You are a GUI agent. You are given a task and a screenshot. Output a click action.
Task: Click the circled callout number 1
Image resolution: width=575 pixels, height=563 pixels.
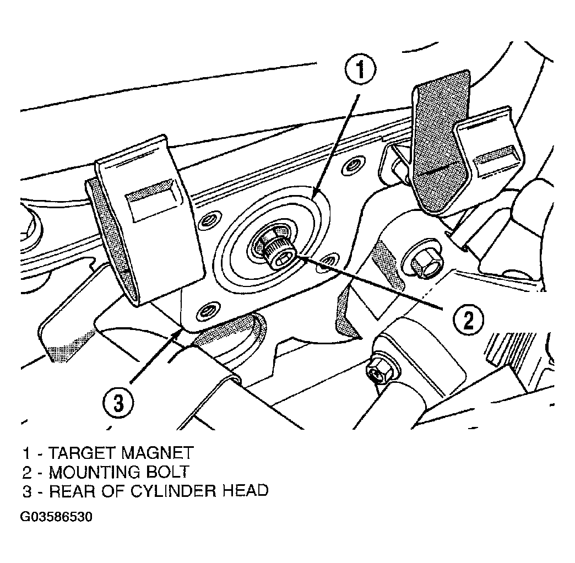click(x=360, y=70)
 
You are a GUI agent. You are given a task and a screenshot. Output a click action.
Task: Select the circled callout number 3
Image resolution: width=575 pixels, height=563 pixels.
click(x=118, y=403)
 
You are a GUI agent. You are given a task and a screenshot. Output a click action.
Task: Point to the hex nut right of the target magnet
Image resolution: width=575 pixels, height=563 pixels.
click(x=423, y=263)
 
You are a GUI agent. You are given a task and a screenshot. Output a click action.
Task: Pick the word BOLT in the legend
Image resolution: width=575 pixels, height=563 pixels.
click(x=168, y=472)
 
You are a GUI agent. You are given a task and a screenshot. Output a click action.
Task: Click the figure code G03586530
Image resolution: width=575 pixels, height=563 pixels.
click(x=56, y=517)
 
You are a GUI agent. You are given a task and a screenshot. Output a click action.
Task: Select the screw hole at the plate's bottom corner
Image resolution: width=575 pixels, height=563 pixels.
click(x=209, y=312)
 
